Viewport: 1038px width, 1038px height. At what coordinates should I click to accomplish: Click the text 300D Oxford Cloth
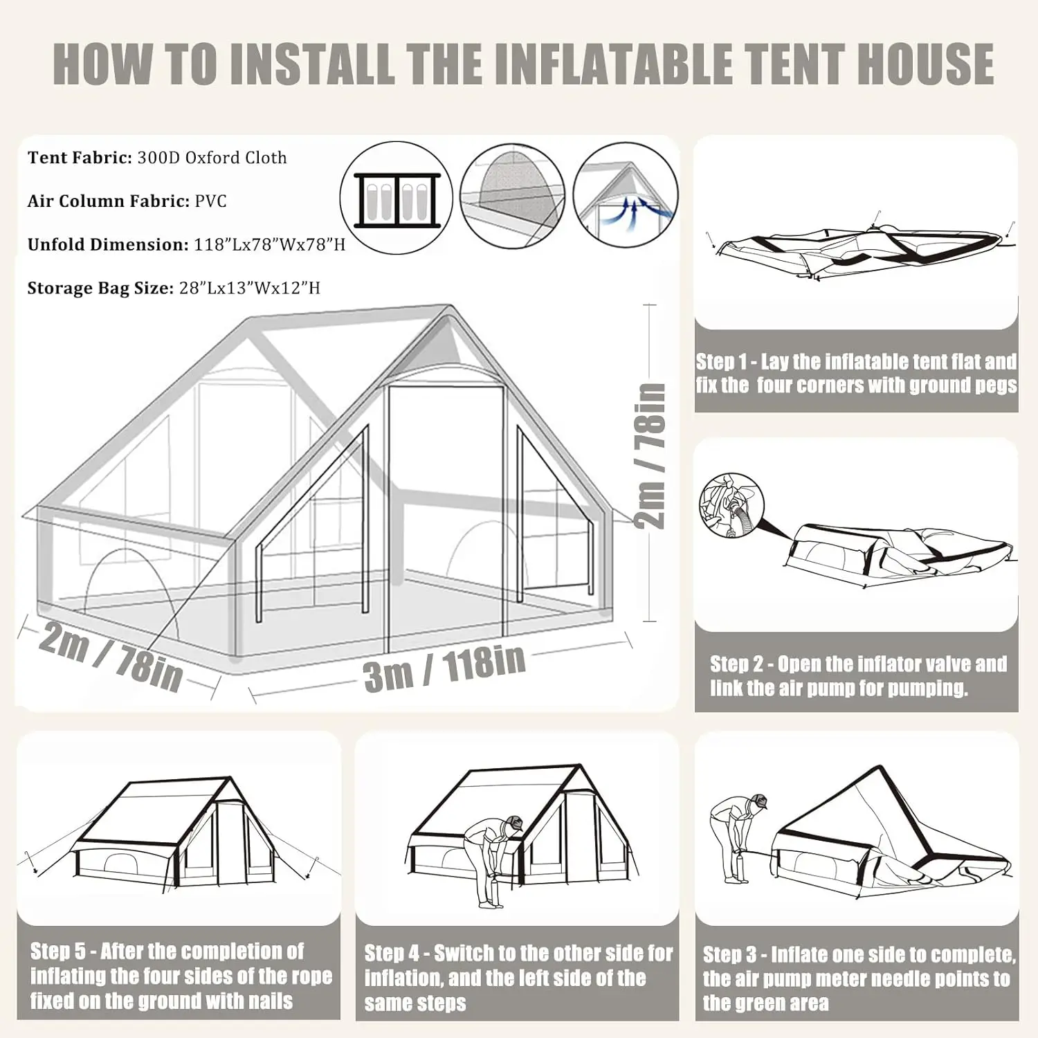click(212, 158)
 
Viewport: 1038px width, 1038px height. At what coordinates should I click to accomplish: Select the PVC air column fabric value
click(210, 201)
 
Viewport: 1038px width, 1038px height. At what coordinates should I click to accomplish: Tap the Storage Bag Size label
click(100, 288)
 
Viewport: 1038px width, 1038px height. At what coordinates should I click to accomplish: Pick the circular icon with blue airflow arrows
click(626, 195)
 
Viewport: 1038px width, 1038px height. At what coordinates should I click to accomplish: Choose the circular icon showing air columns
click(397, 198)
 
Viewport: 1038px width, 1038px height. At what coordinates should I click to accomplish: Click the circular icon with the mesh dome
click(512, 196)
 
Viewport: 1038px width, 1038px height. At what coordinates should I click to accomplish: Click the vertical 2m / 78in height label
click(650, 456)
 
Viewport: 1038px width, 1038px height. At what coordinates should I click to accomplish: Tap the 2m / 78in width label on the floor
click(111, 655)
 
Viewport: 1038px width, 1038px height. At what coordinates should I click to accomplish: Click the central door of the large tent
click(446, 512)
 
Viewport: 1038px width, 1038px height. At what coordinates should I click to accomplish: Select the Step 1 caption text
click(856, 373)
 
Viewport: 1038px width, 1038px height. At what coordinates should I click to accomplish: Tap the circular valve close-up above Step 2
click(731, 506)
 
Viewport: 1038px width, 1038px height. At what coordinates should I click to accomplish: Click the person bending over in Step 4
click(493, 858)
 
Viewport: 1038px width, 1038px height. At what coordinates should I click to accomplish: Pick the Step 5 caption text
click(180, 976)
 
